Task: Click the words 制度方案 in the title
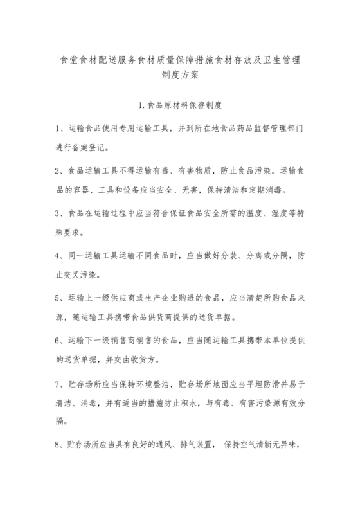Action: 180,74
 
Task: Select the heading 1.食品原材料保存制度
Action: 180,103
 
